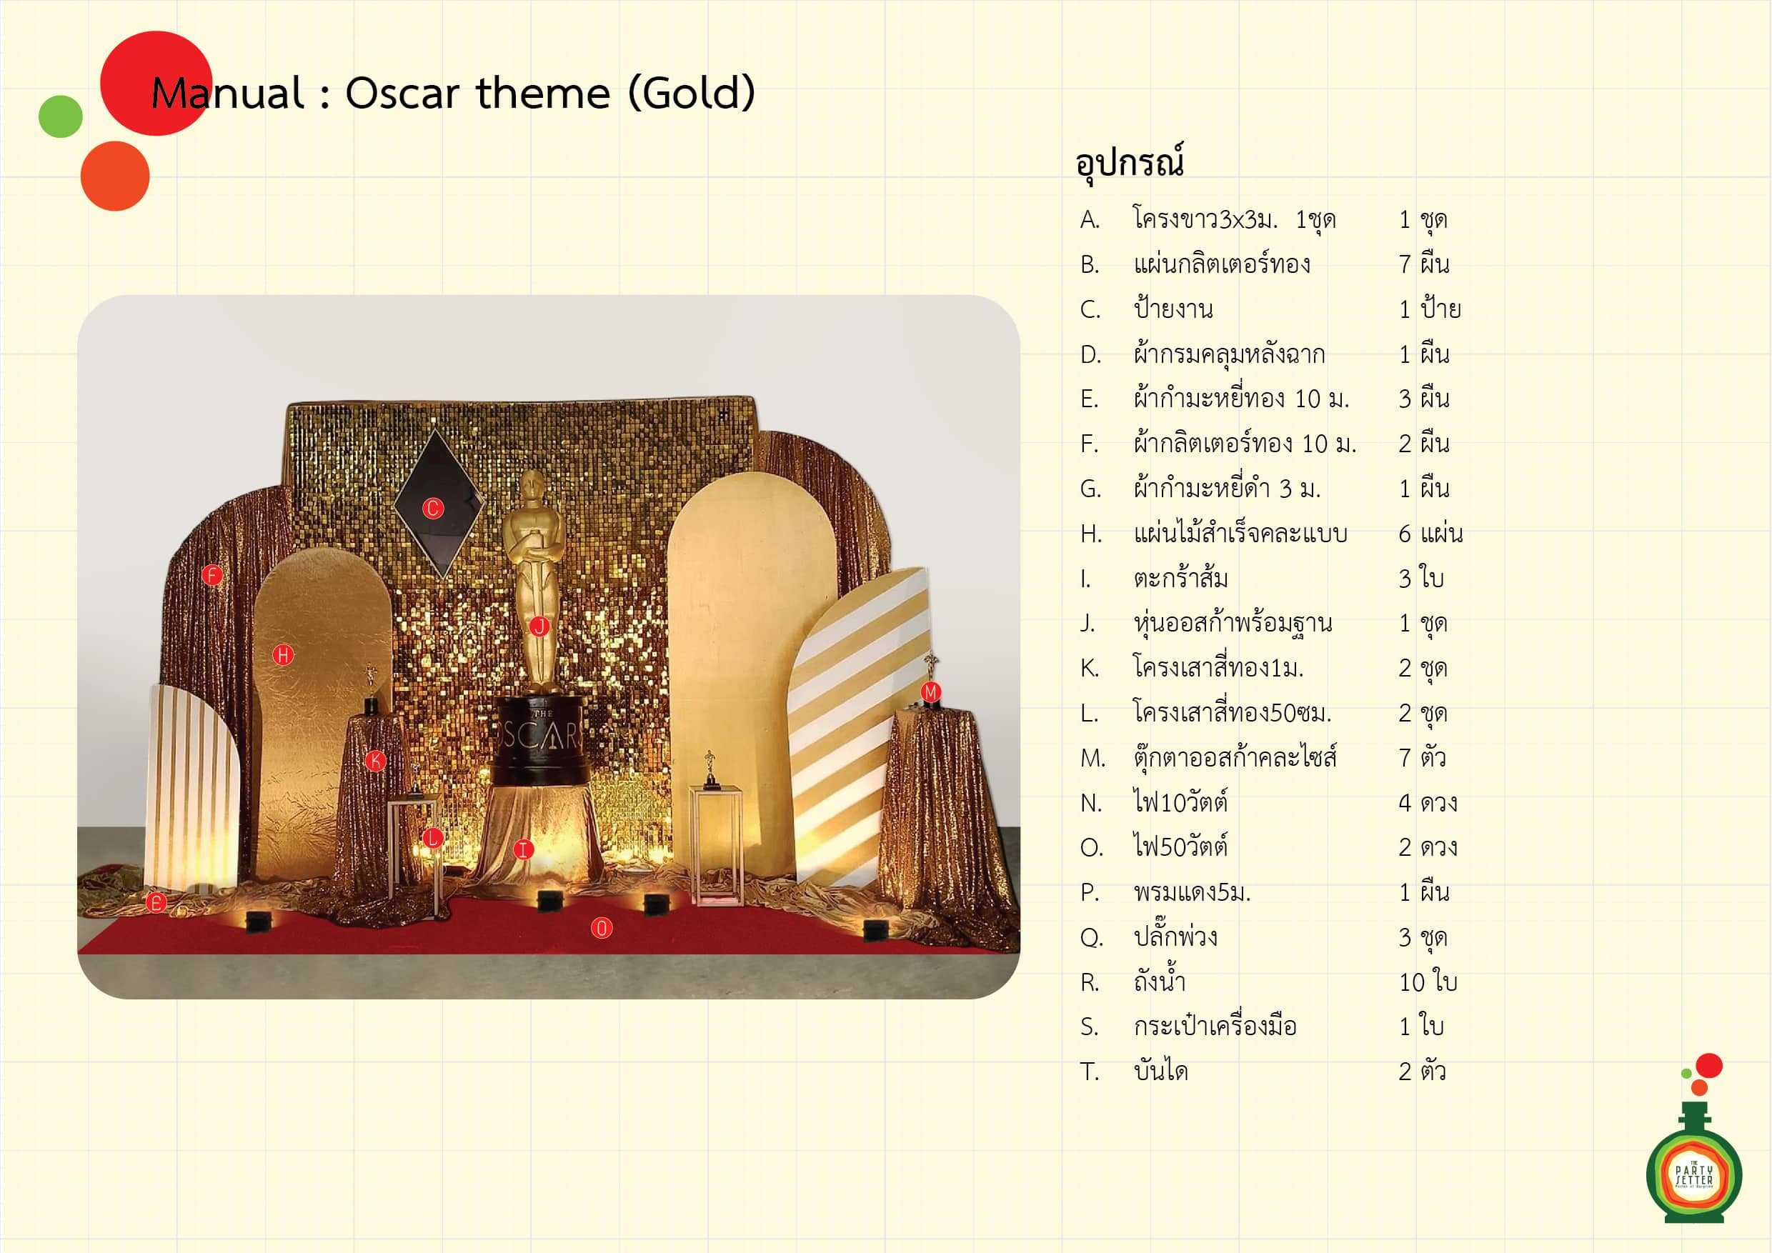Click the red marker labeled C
[433, 509]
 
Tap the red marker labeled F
[212, 575]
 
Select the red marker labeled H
[283, 655]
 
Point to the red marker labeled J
[539, 626]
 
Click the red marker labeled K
[376, 761]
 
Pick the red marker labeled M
[931, 692]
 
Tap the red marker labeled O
[601, 928]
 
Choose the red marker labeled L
[432, 838]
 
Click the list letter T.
[1089, 1072]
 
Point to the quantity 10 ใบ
[1428, 982]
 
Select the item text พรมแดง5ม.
[1192, 892]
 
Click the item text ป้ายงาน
[1173, 308]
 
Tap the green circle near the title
[61, 116]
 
